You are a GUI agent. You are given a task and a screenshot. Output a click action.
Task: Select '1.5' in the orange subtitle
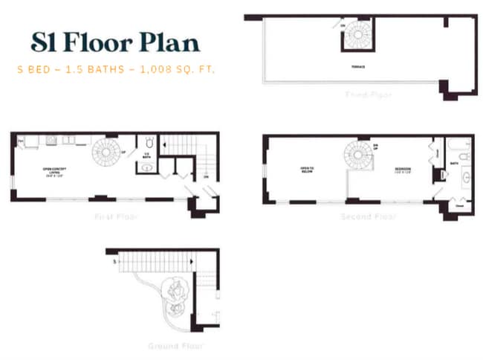pyautogui.click(x=74, y=69)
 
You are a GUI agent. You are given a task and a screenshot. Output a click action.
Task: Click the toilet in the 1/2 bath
pyautogui.click(x=147, y=141)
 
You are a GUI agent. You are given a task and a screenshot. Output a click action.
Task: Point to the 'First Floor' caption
pyautogui.click(x=115, y=217)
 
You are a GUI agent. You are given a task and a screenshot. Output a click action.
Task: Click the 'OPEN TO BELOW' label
pyautogui.click(x=307, y=170)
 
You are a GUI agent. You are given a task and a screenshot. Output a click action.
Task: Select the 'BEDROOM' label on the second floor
pyautogui.click(x=403, y=170)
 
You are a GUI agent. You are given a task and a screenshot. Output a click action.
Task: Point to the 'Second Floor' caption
pyautogui.click(x=368, y=217)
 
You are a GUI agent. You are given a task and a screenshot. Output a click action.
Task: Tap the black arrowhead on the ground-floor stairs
pyautogui.click(x=192, y=262)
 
